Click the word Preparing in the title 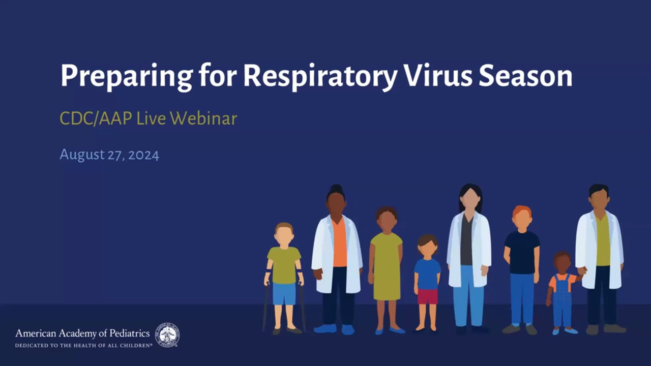(x=127, y=76)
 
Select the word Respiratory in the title (x=320, y=76)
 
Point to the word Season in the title (x=526, y=76)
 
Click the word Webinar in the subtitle (x=203, y=118)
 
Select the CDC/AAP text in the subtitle (x=96, y=118)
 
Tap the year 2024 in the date (x=143, y=155)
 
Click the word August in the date (x=82, y=155)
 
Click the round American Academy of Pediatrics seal (x=167, y=335)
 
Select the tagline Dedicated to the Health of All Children (x=84, y=346)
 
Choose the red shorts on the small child (x=428, y=296)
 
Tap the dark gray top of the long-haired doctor (x=466, y=240)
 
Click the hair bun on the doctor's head (x=336, y=189)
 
